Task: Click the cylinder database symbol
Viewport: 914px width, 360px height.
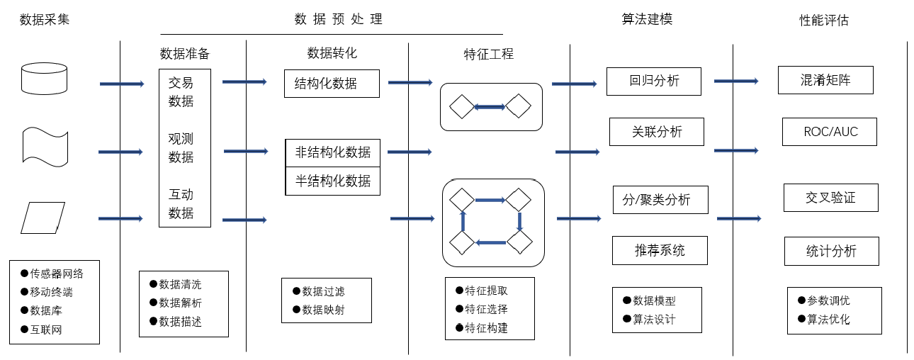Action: click(45, 78)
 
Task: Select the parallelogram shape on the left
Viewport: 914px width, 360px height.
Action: click(43, 218)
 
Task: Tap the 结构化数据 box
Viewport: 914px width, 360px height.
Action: click(332, 83)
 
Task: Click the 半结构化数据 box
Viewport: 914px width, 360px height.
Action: click(332, 181)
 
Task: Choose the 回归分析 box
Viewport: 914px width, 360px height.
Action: click(653, 81)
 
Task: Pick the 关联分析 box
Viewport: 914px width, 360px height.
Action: click(656, 131)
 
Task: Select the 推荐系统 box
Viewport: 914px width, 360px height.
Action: click(660, 250)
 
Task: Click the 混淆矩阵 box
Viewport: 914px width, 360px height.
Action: click(825, 80)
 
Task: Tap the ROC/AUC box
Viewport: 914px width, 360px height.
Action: click(830, 132)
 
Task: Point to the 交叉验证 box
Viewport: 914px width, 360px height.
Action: click(830, 198)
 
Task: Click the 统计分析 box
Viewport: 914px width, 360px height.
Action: click(831, 251)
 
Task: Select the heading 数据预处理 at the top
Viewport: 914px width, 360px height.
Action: click(338, 19)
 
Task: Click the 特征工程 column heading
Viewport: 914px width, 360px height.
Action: click(488, 54)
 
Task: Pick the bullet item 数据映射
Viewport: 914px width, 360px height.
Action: click(323, 310)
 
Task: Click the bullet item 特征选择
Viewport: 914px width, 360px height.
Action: click(486, 309)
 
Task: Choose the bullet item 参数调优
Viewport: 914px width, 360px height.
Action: click(829, 300)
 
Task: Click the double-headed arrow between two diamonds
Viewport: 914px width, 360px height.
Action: click(489, 107)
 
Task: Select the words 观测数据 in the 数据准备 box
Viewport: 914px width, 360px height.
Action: click(181, 148)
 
